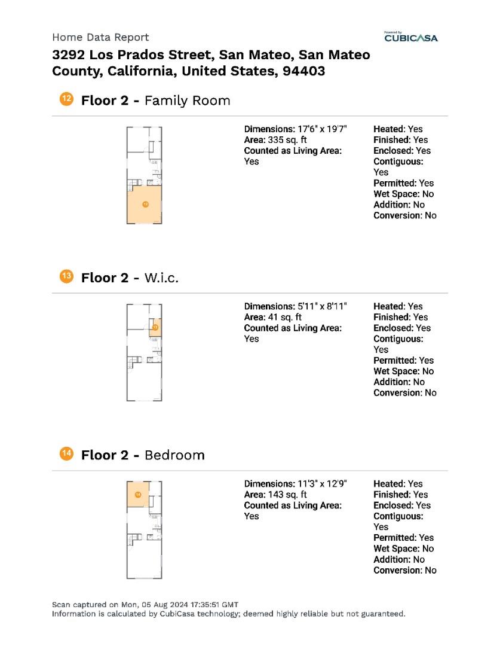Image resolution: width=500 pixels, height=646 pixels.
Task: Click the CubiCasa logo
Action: pyautogui.click(x=411, y=38)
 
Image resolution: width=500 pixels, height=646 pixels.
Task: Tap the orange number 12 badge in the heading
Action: pyautogui.click(x=66, y=99)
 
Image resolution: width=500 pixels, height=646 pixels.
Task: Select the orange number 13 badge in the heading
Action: pyautogui.click(x=66, y=276)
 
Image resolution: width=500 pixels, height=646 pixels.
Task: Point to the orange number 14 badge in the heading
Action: pyautogui.click(x=66, y=454)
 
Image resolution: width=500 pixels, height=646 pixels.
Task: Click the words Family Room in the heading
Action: pyautogui.click(x=187, y=100)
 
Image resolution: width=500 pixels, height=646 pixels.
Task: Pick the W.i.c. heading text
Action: pyautogui.click(x=161, y=278)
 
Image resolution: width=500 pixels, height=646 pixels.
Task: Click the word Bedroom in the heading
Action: pyautogui.click(x=174, y=455)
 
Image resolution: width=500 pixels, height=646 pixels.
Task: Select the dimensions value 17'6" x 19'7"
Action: pyautogui.click(x=323, y=129)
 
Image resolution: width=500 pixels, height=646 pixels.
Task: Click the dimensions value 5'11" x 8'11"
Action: pyautogui.click(x=323, y=306)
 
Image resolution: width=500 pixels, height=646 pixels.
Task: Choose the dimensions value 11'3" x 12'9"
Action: pyautogui.click(x=323, y=484)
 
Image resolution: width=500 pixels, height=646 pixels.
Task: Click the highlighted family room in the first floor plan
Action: pyautogui.click(x=145, y=205)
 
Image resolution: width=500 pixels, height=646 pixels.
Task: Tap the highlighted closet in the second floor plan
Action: pyautogui.click(x=155, y=327)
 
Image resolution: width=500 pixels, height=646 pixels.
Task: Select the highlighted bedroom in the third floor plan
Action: pyautogui.click(x=138, y=495)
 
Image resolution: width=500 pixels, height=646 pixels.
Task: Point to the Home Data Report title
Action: pyautogui.click(x=100, y=37)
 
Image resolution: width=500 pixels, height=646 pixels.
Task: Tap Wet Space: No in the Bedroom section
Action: pyautogui.click(x=403, y=549)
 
